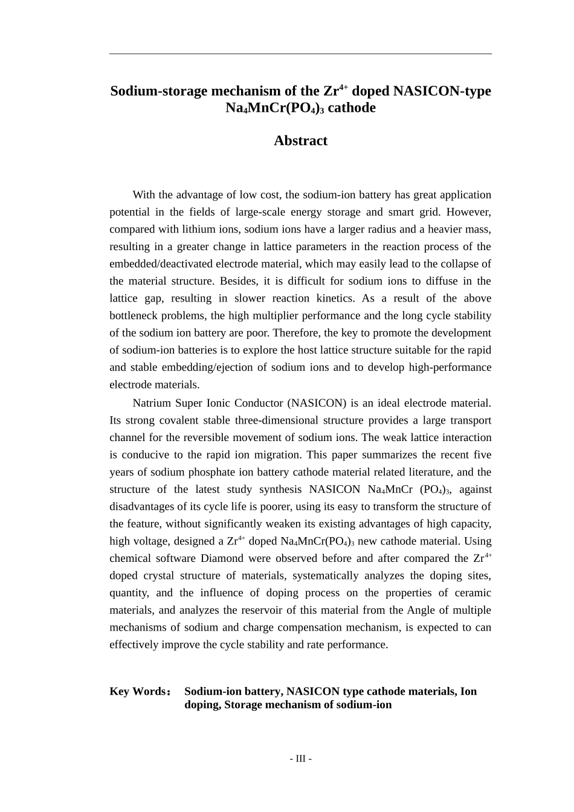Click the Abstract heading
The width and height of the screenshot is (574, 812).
click(x=300, y=141)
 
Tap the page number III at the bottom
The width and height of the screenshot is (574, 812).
click(x=300, y=759)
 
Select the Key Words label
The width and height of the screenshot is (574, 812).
click(x=138, y=692)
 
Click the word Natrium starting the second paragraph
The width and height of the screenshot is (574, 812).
click(x=152, y=404)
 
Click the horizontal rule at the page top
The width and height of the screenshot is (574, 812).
click(x=300, y=54)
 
